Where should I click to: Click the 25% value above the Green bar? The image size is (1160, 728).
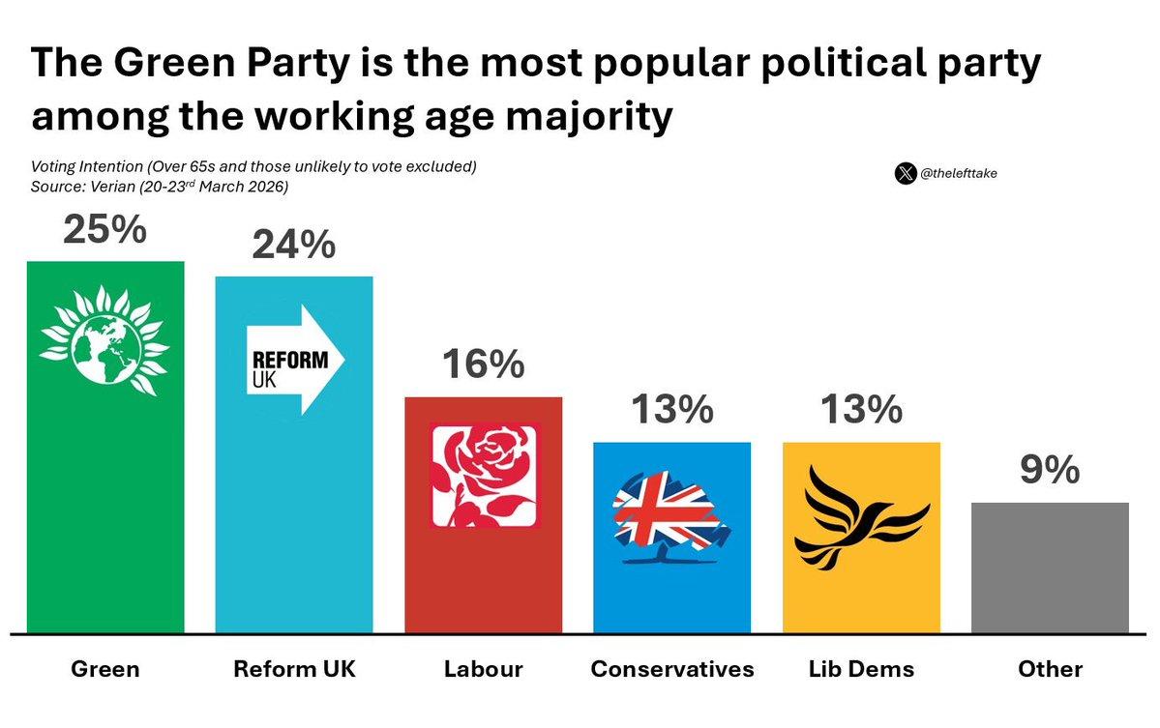point(104,230)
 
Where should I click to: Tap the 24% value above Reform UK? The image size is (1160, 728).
point(293,246)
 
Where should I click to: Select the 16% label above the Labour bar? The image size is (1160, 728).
point(483,365)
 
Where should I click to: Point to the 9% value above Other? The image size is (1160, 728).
point(1050,471)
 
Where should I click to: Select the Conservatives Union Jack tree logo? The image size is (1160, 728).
point(671,518)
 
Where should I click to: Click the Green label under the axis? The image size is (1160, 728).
point(104,669)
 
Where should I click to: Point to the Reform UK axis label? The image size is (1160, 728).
point(293,669)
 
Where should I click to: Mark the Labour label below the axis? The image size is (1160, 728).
point(483,669)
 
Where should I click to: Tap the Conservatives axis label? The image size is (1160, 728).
point(671,669)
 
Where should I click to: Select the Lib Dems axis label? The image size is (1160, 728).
point(860,669)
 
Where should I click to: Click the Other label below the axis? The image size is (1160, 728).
point(1050,669)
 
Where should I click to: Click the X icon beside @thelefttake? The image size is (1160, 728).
point(905,174)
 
